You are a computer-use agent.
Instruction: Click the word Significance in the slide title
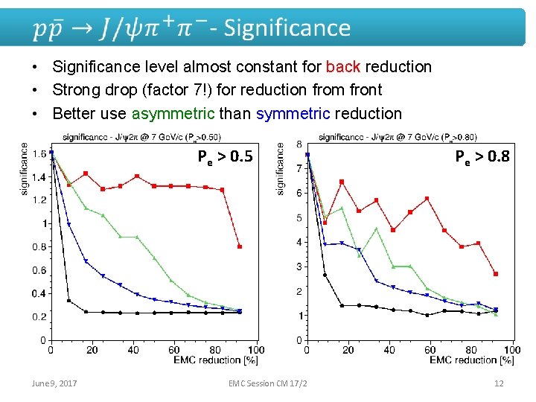[287, 28]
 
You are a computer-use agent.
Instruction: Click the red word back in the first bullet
[343, 67]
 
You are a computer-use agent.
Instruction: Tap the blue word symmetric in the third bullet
[293, 113]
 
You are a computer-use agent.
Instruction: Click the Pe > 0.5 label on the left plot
[224, 156]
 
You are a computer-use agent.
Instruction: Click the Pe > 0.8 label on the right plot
[482, 156]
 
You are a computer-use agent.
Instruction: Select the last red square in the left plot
[239, 246]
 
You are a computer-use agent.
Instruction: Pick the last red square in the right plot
[495, 274]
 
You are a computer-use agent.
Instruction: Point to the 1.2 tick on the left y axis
[39, 200]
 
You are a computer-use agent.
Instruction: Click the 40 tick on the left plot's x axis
[133, 350]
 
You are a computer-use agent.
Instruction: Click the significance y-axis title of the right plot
[281, 169]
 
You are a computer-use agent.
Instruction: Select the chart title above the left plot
[141, 136]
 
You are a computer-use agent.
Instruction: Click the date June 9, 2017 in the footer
[54, 383]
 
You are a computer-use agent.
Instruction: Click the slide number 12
[499, 383]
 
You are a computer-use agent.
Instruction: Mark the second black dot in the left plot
[68, 301]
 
